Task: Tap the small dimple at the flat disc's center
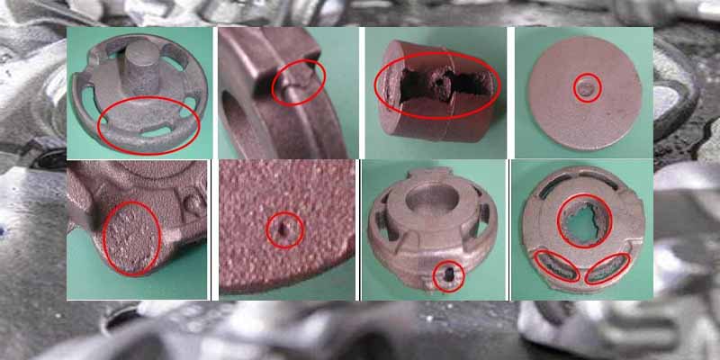pyautogui.click(x=587, y=87)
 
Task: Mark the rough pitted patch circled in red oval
pyautogui.click(x=131, y=236)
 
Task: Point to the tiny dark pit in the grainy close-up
pyautogui.click(x=284, y=230)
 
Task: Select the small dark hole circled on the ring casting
pyautogui.click(x=449, y=274)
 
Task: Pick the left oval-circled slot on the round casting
pyautogui.click(x=556, y=267)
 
